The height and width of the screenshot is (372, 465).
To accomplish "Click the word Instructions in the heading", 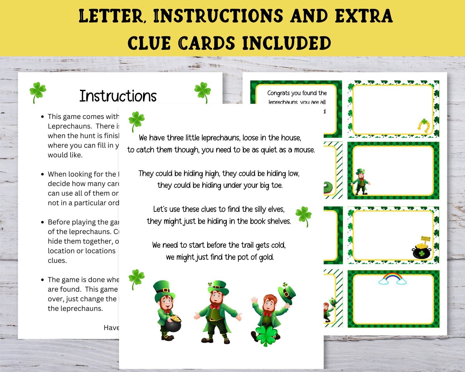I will [118, 96].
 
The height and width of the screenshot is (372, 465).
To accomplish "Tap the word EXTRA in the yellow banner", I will [364, 16].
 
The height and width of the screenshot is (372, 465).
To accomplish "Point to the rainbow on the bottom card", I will [392, 278].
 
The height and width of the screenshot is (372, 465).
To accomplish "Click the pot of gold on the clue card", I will [422, 249].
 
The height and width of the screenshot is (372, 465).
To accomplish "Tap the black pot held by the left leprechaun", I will [171, 323].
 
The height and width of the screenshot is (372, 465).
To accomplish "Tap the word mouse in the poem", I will [304, 150].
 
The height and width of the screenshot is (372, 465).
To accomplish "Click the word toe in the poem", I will [277, 185].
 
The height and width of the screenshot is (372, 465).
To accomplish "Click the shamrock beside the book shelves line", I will [304, 216].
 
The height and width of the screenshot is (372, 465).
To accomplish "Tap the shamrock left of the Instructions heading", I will [37, 92].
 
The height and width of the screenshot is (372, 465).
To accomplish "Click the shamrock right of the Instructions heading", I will [203, 92].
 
